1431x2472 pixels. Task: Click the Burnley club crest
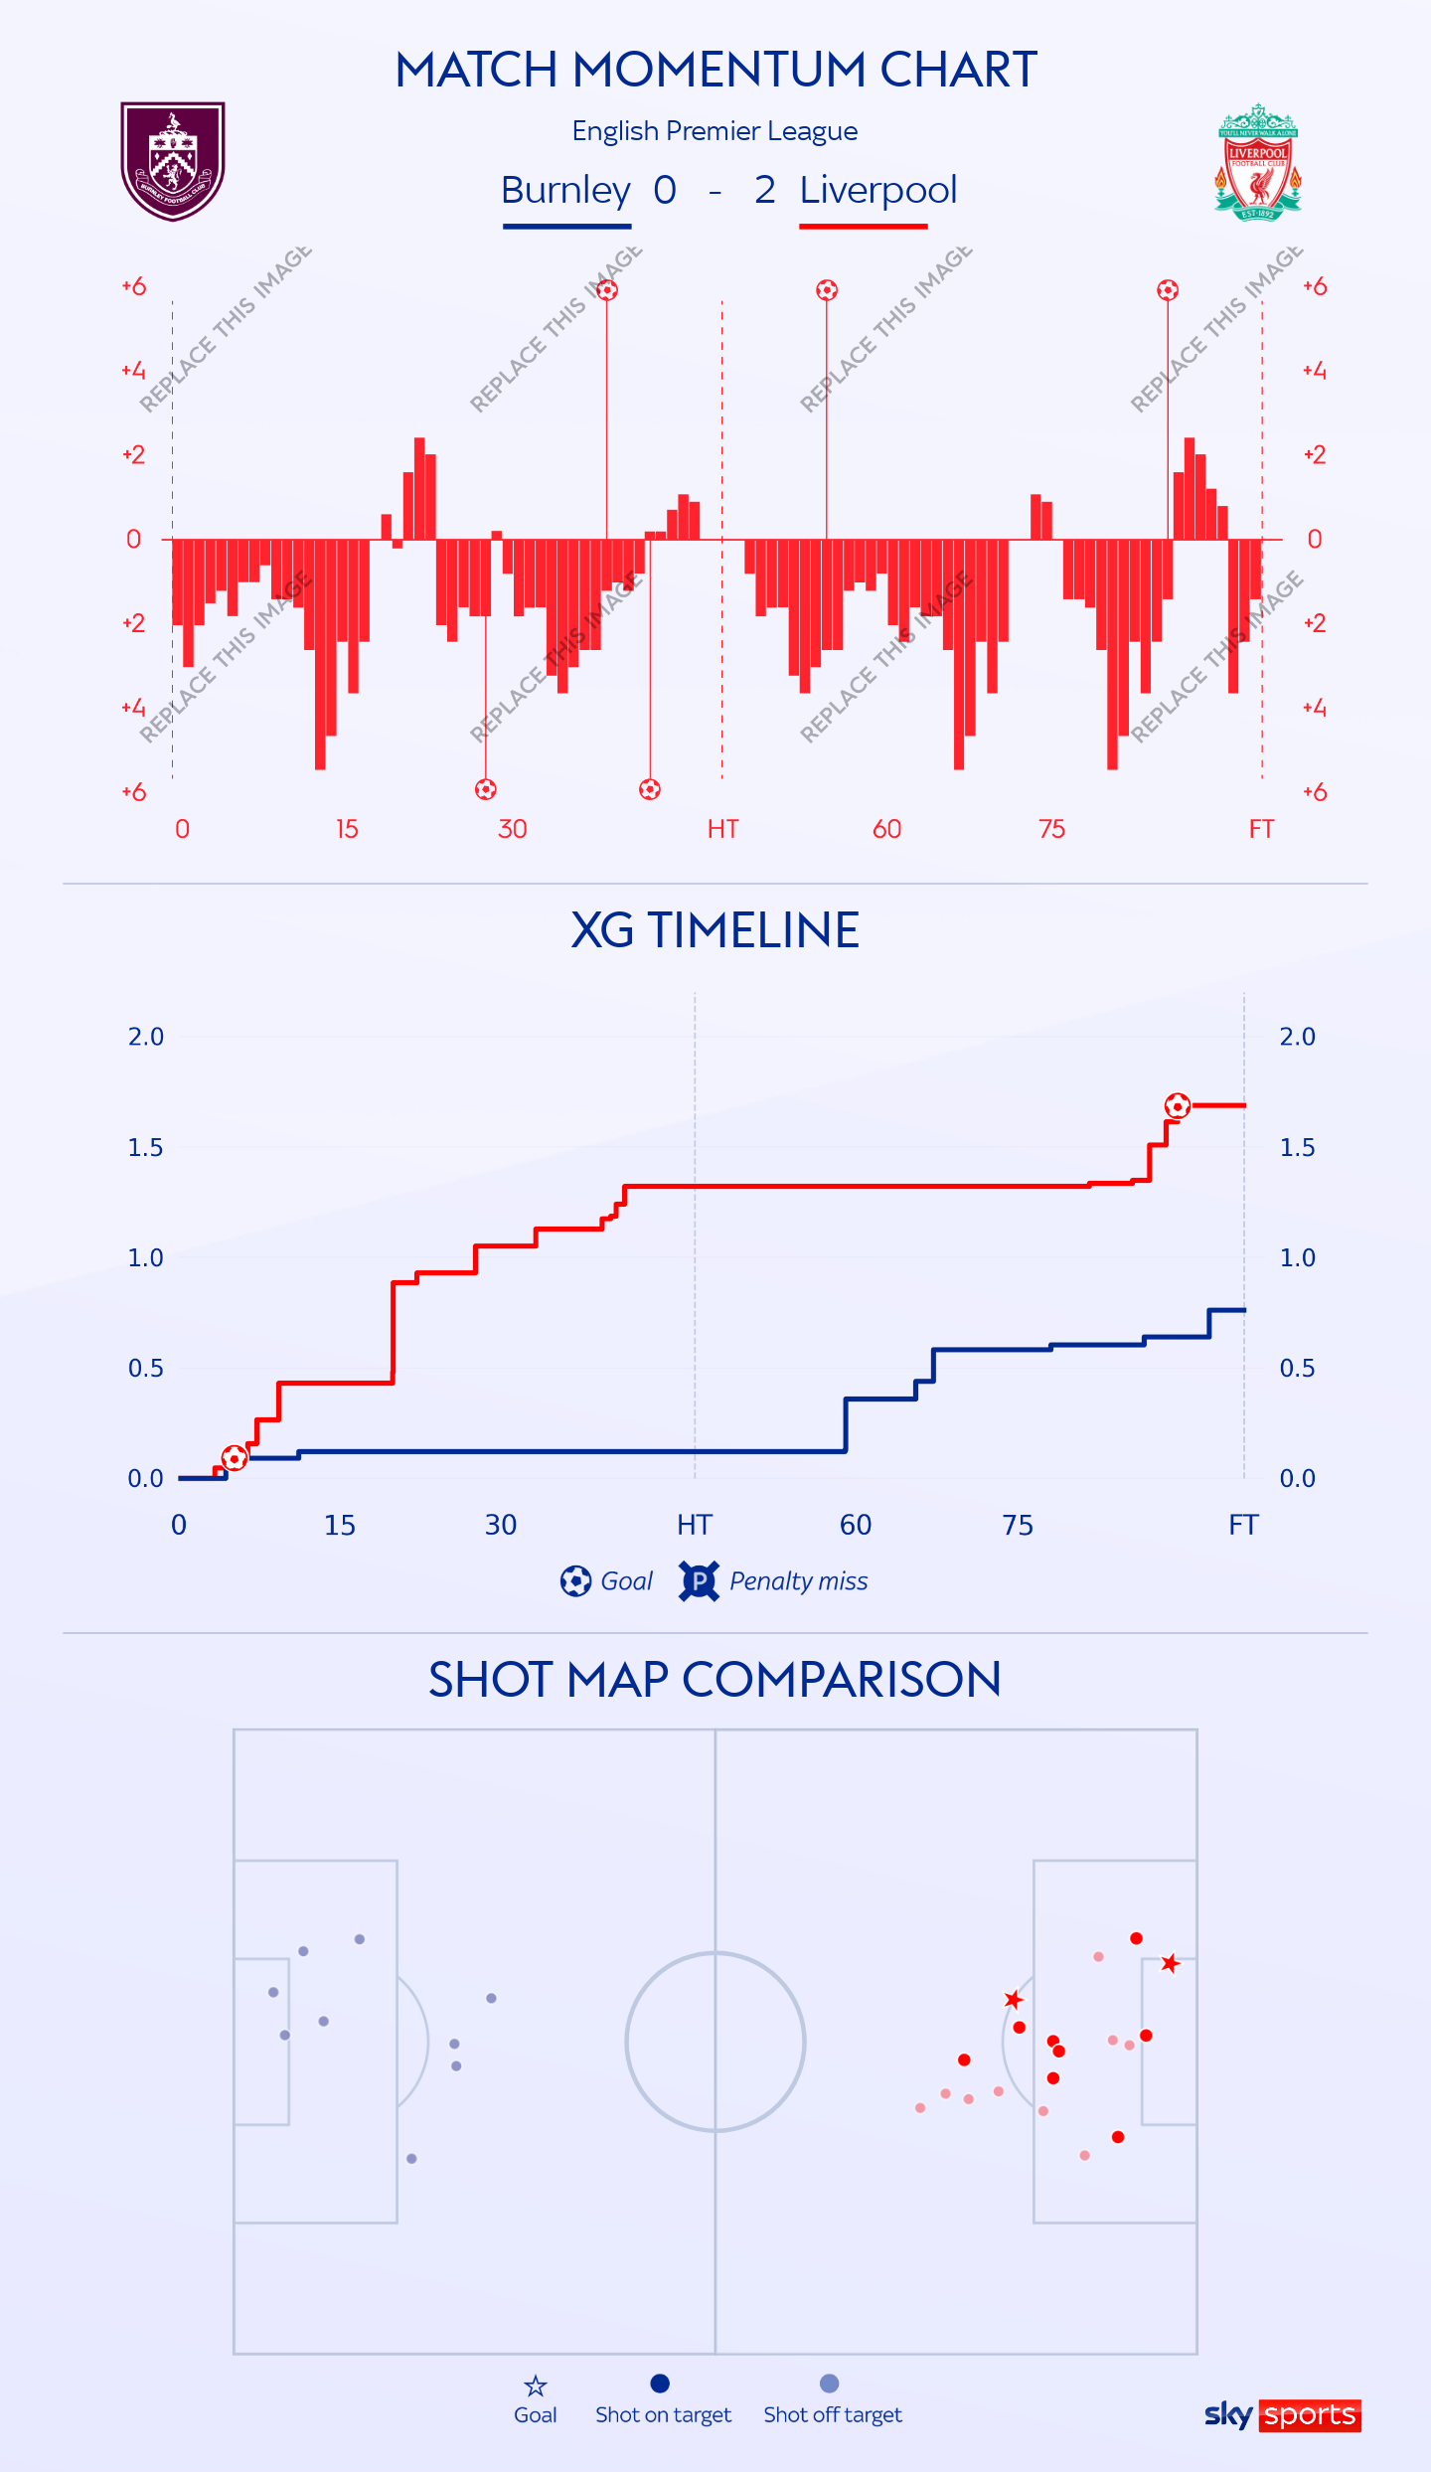click(173, 160)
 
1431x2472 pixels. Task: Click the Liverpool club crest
click(1257, 162)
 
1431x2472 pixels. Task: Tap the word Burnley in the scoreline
click(565, 190)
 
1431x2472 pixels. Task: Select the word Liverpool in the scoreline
click(877, 190)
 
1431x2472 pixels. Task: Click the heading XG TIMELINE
click(715, 930)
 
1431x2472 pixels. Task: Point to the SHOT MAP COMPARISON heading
click(715, 1680)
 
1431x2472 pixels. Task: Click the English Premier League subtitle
click(715, 131)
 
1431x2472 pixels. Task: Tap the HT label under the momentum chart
click(722, 829)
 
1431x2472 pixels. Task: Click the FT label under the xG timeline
click(1243, 1525)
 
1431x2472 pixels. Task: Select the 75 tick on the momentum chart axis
click(1051, 829)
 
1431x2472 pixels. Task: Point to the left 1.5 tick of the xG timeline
click(145, 1148)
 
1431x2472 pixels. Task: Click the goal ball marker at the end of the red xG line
click(1178, 1105)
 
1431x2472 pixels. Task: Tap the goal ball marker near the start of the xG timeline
click(235, 1458)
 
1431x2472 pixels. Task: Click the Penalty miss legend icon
click(699, 1580)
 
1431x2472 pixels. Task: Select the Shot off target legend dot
click(830, 2384)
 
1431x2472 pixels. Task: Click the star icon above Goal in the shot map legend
click(536, 2386)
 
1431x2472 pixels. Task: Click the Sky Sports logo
click(1282, 2414)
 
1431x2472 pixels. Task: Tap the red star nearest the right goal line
click(1171, 1963)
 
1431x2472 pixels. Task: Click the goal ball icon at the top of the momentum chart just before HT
click(607, 290)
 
